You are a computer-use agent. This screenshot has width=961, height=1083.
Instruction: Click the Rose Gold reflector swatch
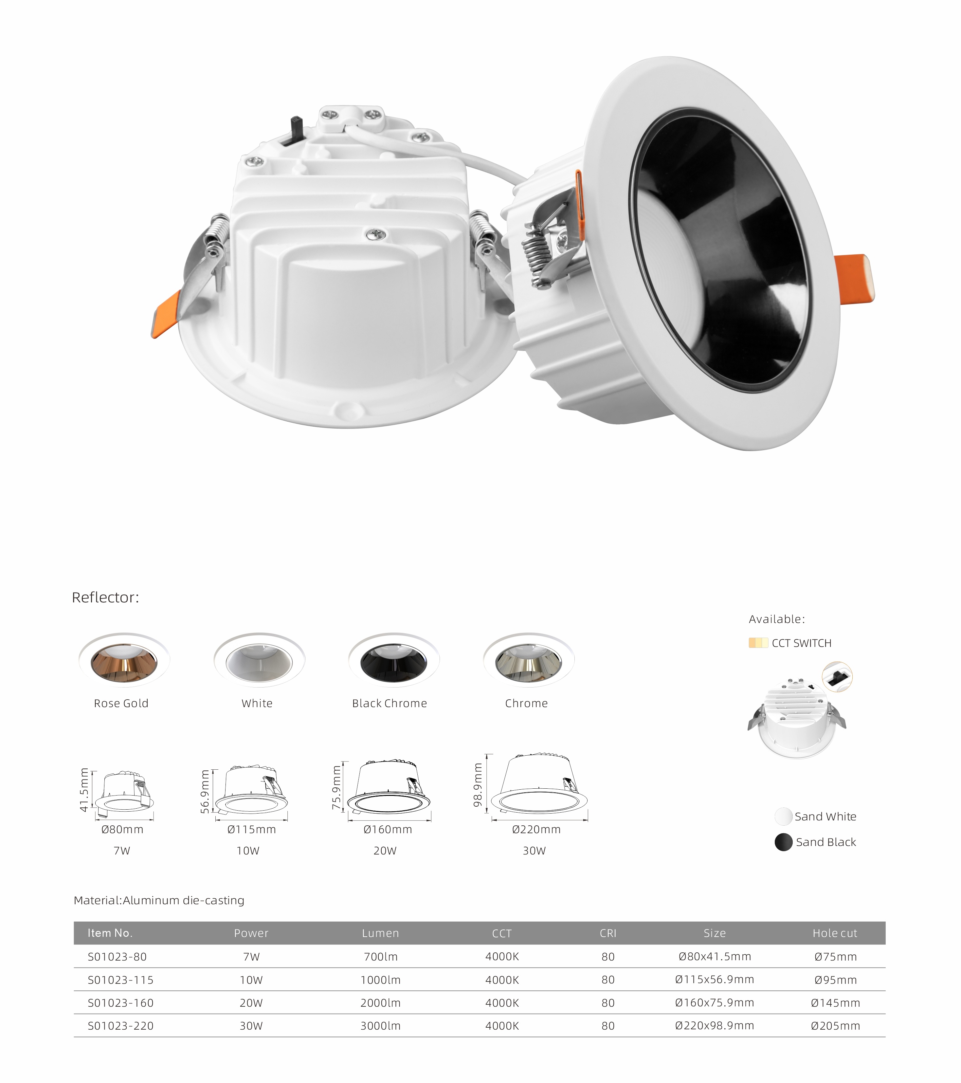pyautogui.click(x=124, y=660)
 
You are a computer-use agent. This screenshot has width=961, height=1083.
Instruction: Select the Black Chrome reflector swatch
pyautogui.click(x=394, y=660)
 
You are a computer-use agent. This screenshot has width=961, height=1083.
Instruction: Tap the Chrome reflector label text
pyautogui.click(x=526, y=703)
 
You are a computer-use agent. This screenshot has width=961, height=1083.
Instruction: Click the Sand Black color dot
pyautogui.click(x=784, y=842)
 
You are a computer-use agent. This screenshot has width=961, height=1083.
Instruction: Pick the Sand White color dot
pyautogui.click(x=784, y=817)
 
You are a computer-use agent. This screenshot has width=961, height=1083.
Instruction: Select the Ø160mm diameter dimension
pyautogui.click(x=388, y=830)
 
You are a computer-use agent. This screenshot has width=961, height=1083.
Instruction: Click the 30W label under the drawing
pyautogui.click(x=534, y=851)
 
